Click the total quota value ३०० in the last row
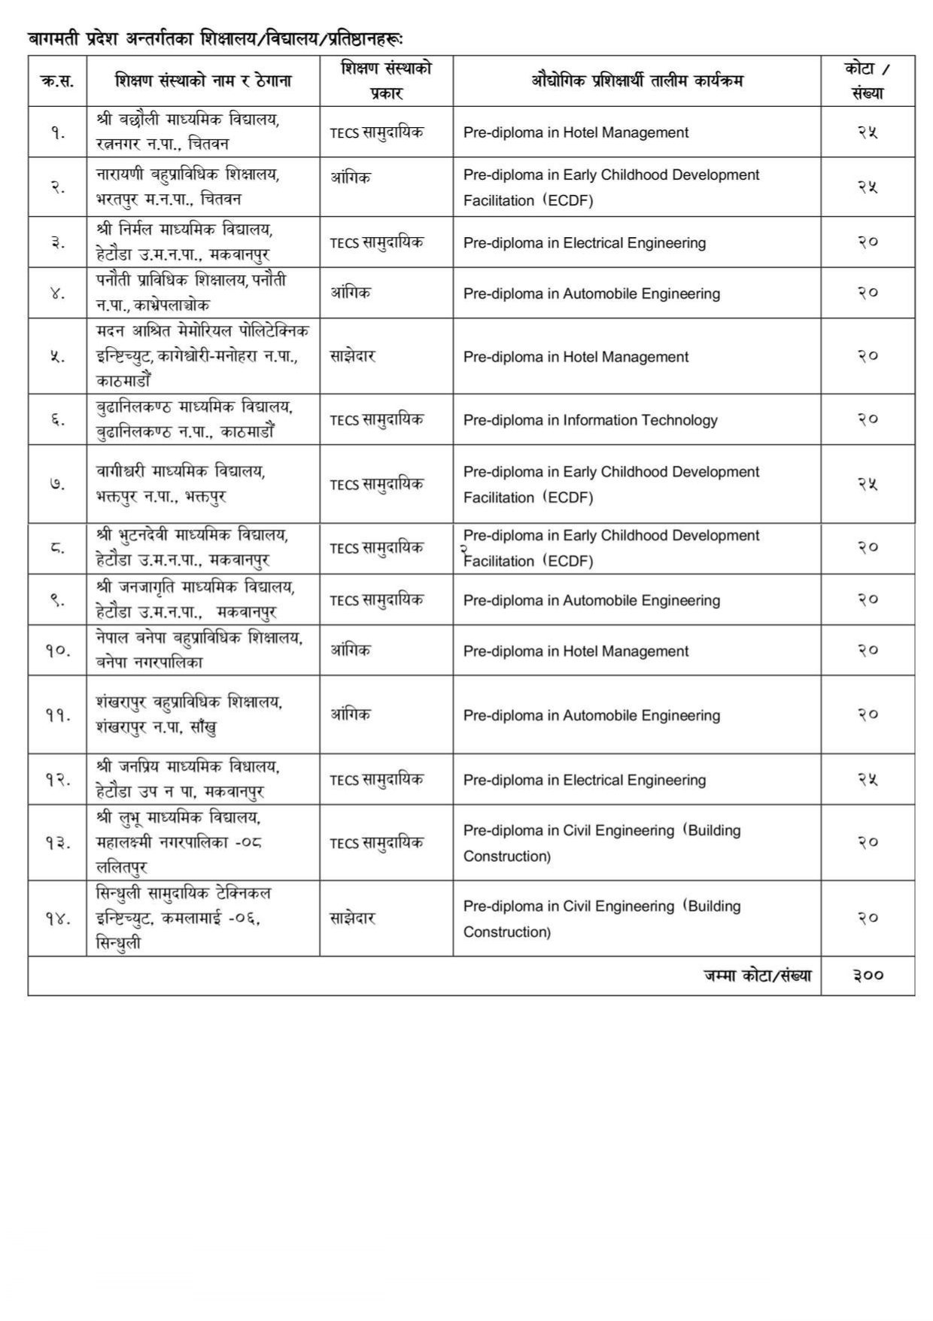click(x=868, y=976)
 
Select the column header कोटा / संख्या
click(x=868, y=81)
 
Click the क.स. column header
click(x=57, y=81)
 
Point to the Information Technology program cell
click(x=590, y=420)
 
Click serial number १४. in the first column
click(x=57, y=918)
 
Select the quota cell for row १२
click(x=868, y=780)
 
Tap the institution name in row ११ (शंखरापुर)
click(x=189, y=714)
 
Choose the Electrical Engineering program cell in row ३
click(x=584, y=243)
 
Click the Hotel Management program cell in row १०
click(x=576, y=651)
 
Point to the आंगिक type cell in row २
click(x=351, y=178)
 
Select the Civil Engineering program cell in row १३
click(x=601, y=843)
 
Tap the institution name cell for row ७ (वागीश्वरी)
click(x=181, y=484)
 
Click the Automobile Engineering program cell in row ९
click(x=591, y=601)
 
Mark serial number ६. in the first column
click(x=57, y=420)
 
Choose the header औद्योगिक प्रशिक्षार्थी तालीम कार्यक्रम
click(x=637, y=81)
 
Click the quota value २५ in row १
click(x=868, y=132)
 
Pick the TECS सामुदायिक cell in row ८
click(x=376, y=548)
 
